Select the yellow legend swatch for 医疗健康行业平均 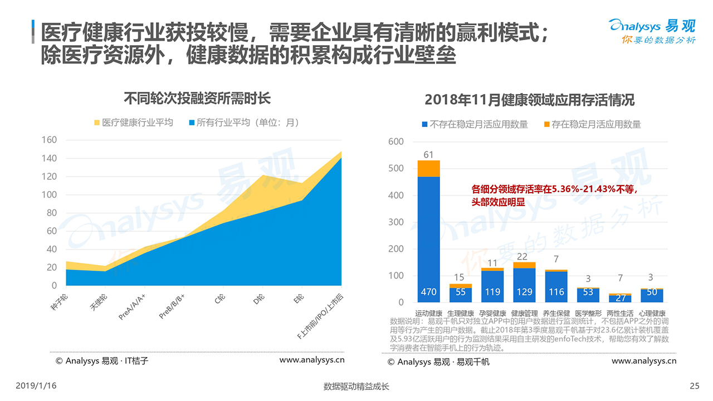click(x=96, y=123)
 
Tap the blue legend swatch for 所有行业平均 click(x=192, y=123)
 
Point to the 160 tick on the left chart click(x=50, y=140)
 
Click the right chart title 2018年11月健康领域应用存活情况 click(x=529, y=100)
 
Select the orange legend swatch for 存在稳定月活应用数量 click(x=546, y=124)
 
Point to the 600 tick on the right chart click(x=395, y=142)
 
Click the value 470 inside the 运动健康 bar click(x=428, y=291)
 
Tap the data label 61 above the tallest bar click(x=428, y=154)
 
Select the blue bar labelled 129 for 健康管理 click(x=524, y=285)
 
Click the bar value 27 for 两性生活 click(x=620, y=299)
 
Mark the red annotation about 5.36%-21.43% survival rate click(x=554, y=196)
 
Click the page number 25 click(x=694, y=386)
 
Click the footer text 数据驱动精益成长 click(x=356, y=387)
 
